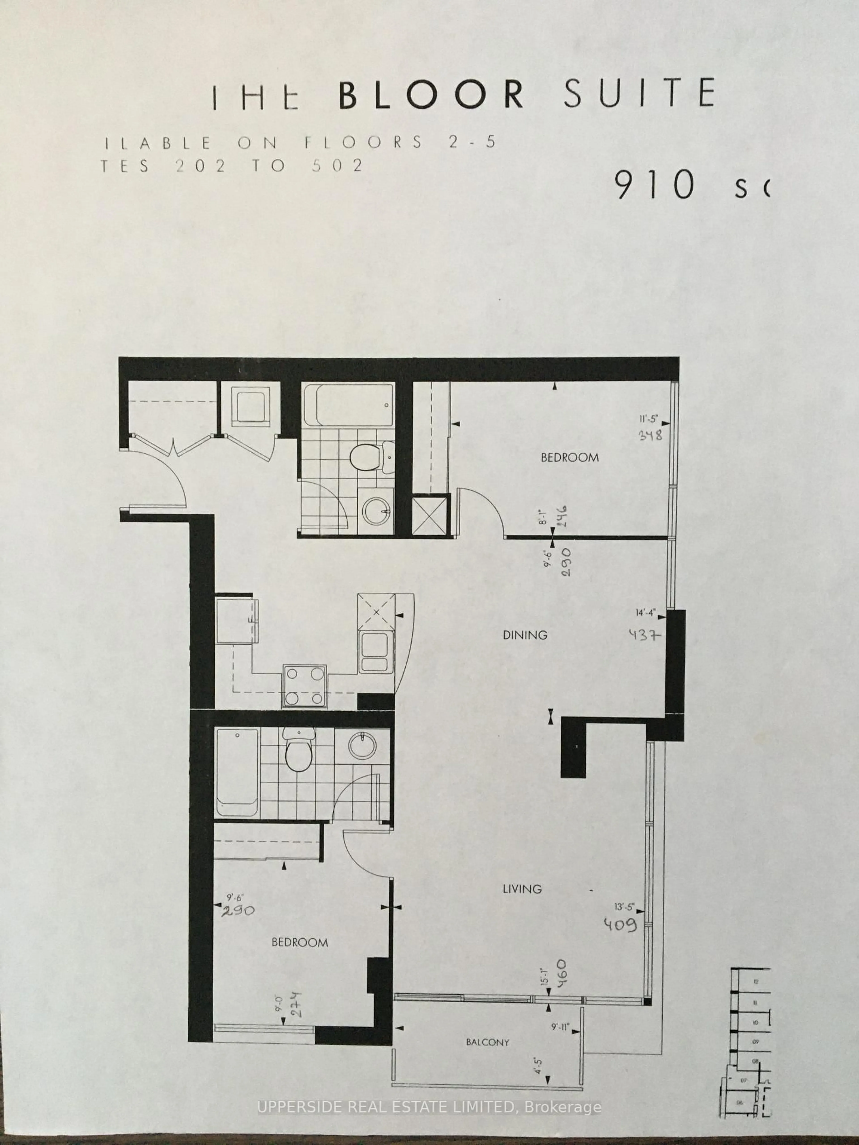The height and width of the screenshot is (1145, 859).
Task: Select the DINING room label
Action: point(525,635)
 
